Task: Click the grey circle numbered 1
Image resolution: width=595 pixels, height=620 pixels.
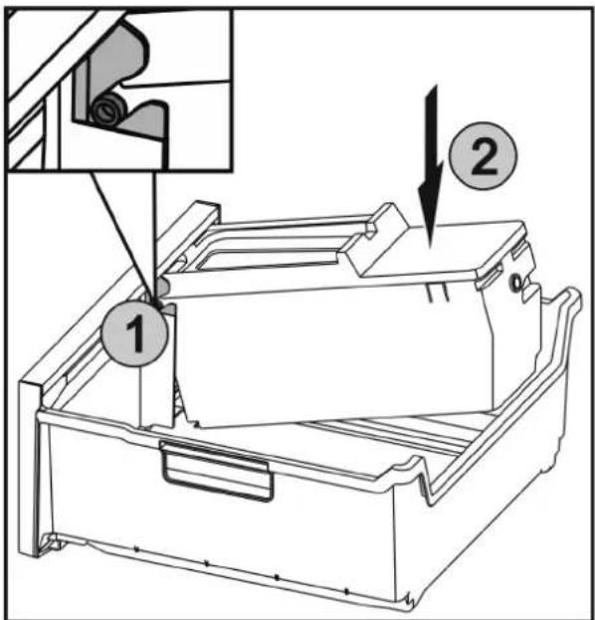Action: [135, 333]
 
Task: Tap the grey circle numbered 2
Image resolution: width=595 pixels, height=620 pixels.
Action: [484, 155]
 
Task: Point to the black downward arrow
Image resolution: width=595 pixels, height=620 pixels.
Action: [431, 167]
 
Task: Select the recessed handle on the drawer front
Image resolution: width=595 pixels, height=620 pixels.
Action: [217, 472]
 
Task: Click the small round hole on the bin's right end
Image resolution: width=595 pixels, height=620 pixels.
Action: [516, 283]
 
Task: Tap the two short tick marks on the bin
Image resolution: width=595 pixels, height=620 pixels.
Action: [437, 292]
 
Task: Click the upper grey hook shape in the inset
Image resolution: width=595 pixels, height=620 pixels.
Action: [114, 64]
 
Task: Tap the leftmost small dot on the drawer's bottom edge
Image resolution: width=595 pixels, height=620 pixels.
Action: [135, 548]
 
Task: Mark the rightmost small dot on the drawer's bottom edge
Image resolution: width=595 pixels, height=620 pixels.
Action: [346, 591]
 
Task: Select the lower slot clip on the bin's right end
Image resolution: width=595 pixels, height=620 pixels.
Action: [490, 280]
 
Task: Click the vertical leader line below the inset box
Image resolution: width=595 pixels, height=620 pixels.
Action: [155, 236]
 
